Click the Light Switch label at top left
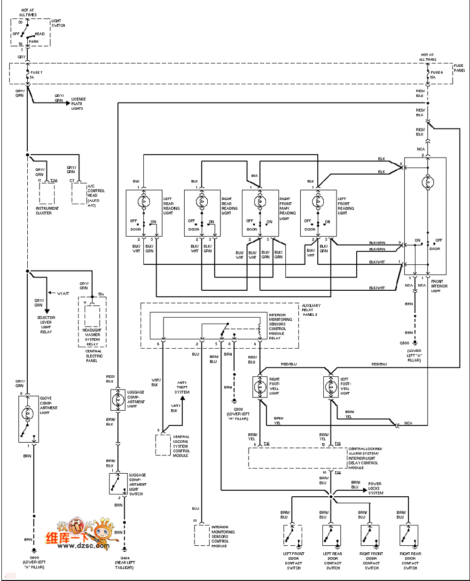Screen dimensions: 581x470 (58, 23)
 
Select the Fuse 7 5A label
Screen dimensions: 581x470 (36, 74)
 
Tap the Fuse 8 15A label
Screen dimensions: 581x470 (436, 75)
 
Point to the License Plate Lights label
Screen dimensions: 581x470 (78, 103)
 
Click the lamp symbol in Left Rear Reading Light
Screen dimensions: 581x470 (143, 202)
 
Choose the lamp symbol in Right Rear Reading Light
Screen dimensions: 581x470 (202, 202)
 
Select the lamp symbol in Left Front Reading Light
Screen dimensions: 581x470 (318, 202)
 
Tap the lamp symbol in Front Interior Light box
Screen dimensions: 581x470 (428, 182)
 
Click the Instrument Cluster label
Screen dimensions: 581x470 (47, 210)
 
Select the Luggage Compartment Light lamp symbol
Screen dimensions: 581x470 (117, 399)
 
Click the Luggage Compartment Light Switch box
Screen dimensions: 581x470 (117, 484)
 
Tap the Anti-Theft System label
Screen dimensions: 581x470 (182, 387)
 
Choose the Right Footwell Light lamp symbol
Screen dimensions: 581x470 (260, 386)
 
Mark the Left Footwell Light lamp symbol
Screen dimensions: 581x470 (331, 386)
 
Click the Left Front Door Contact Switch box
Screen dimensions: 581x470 (292, 535)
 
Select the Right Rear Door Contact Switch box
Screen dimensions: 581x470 (408, 535)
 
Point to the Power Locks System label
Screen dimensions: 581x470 (375, 488)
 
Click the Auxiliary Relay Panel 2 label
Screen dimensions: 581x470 (311, 310)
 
